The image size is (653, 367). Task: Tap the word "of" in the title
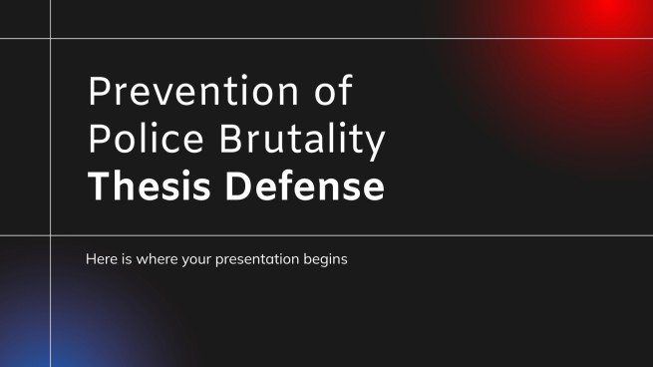pyautogui.click(x=331, y=93)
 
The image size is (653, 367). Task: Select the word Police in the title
pyautogui.click(x=138, y=141)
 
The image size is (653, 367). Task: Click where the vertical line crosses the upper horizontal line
pyautogui.click(x=50, y=39)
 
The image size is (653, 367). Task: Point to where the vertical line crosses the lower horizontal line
pyautogui.click(x=50, y=236)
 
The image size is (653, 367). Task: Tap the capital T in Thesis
pyautogui.click(x=98, y=186)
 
